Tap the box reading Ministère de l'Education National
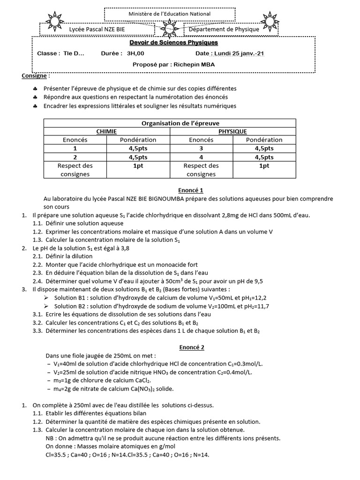pyautogui.click(x=169, y=14)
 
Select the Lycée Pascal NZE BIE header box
pyautogui.click(x=94, y=30)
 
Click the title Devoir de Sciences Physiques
pyautogui.click(x=173, y=43)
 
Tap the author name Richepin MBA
pyautogui.click(x=194, y=65)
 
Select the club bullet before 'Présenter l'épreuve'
pyautogui.click(x=36, y=89)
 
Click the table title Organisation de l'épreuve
pyautogui.click(x=170, y=123)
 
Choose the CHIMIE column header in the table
pyautogui.click(x=106, y=131)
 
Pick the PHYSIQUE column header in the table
pyautogui.click(x=233, y=131)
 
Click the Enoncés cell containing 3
pyautogui.click(x=201, y=148)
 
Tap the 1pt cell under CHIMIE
pyautogui.click(x=138, y=165)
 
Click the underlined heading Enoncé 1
pyautogui.click(x=180, y=191)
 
